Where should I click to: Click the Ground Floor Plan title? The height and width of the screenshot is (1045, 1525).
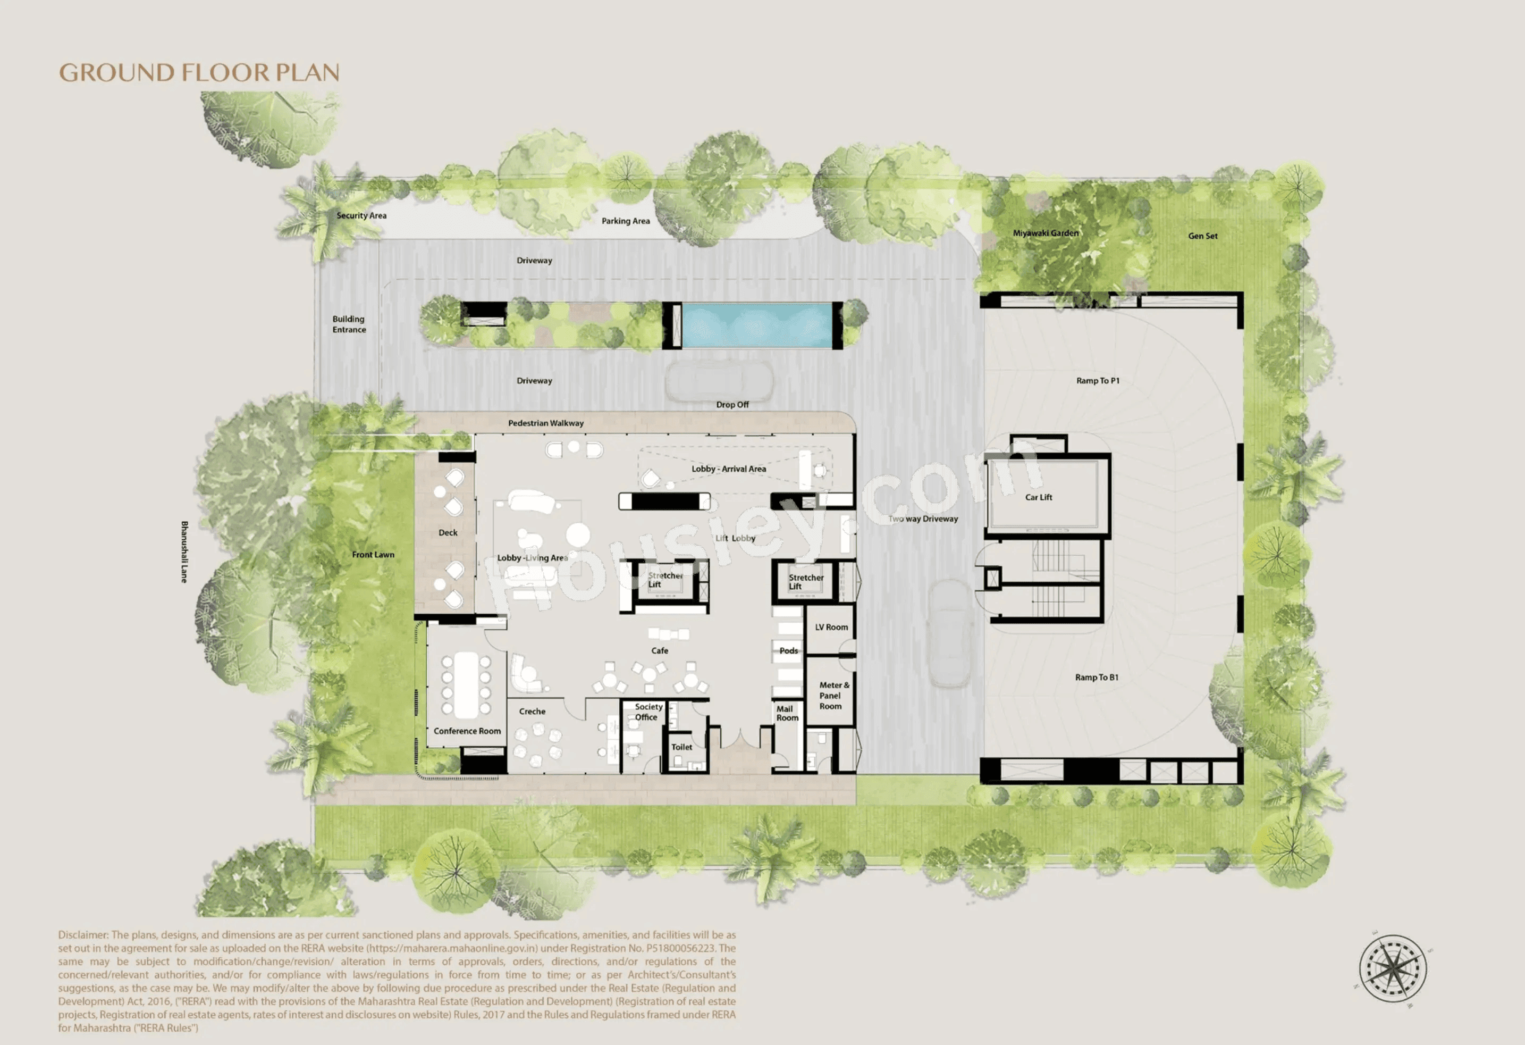tap(199, 72)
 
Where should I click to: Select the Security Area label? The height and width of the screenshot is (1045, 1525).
tap(361, 215)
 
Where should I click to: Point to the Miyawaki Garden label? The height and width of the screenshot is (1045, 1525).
tap(1046, 233)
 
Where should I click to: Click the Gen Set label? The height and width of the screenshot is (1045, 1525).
tap(1202, 236)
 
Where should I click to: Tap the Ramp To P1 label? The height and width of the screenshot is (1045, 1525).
tap(1097, 381)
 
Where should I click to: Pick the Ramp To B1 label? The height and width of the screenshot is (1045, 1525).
tap(1096, 678)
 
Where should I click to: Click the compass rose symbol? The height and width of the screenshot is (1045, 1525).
tap(1393, 969)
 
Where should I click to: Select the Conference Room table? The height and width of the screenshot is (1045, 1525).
tap(467, 684)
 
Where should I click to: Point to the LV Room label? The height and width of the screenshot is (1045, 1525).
tap(831, 627)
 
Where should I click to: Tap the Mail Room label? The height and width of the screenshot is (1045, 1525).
tap(787, 714)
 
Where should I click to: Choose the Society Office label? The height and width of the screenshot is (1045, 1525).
tap(647, 712)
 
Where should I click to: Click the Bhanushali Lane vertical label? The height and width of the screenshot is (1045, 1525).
tap(184, 551)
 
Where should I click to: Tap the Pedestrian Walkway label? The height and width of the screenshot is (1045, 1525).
tap(545, 423)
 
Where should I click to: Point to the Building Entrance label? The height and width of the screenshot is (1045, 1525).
tap(349, 324)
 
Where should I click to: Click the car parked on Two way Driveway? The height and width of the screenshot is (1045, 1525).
tap(949, 633)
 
